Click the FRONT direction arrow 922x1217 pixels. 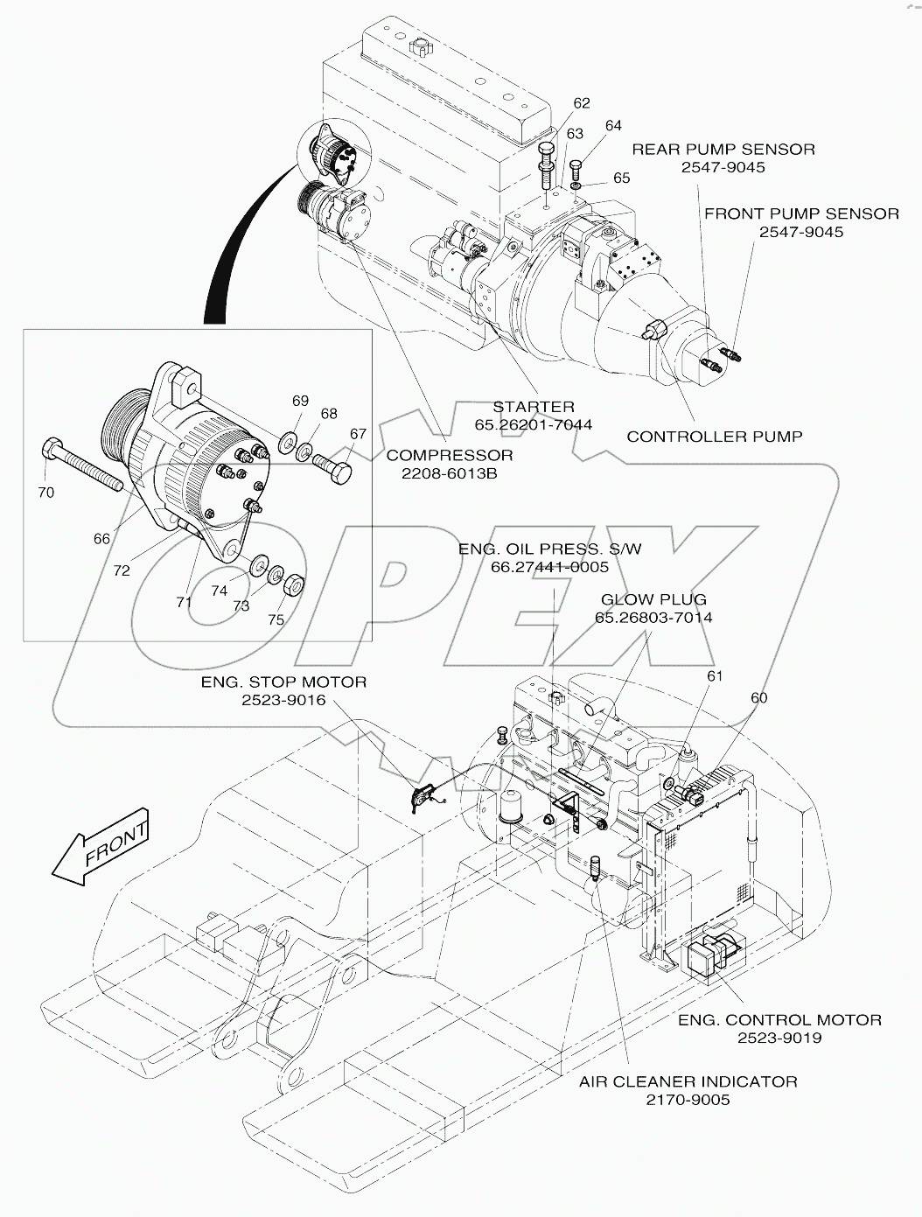point(101,846)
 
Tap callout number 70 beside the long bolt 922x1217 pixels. point(45,493)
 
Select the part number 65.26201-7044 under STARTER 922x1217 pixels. point(533,424)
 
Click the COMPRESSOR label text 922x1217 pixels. point(450,455)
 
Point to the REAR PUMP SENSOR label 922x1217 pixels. point(723,150)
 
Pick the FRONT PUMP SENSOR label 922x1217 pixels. point(801,213)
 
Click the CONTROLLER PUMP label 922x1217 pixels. point(714,436)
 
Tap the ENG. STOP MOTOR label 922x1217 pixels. point(283,682)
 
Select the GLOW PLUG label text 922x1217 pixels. point(653,599)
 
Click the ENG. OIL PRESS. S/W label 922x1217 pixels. point(550,549)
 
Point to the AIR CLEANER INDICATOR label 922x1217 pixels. point(688,1081)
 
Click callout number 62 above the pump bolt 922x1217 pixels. point(582,103)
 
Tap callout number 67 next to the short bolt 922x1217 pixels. point(359,433)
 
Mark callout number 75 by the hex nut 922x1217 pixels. point(276,619)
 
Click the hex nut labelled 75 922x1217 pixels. point(297,583)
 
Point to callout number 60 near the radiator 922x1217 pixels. point(758,697)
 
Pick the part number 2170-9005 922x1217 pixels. point(688,1100)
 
